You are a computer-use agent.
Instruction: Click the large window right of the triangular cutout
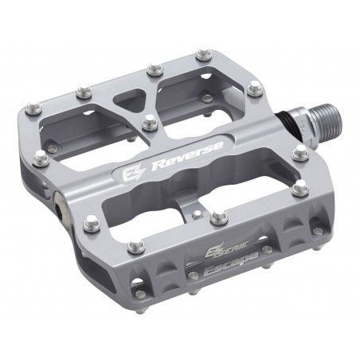192,94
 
